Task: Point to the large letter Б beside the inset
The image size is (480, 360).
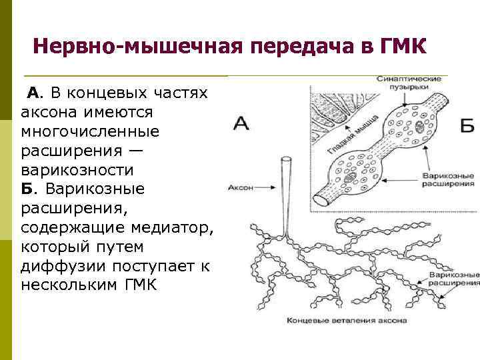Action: [467, 125]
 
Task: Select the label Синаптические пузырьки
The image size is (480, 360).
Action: [408, 83]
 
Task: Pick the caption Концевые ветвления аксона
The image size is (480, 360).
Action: [346, 321]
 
